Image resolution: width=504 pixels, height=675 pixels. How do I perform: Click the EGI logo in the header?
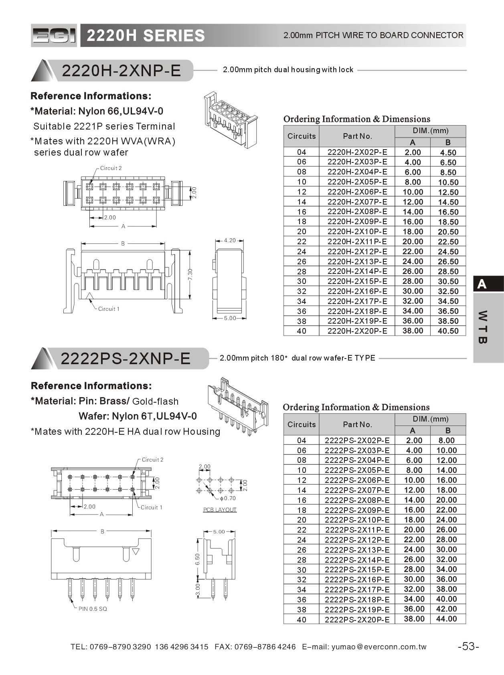pyautogui.click(x=54, y=36)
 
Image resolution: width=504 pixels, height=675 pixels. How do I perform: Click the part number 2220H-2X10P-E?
pyautogui.click(x=357, y=231)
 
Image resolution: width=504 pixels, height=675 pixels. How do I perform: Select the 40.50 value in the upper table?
pyautogui.click(x=448, y=331)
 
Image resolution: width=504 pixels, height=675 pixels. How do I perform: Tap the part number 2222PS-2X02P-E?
pyautogui.click(x=357, y=440)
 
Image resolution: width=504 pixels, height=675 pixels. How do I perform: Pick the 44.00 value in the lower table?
pyautogui.click(x=446, y=619)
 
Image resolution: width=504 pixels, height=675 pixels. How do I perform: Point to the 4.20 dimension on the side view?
pyautogui.click(x=230, y=241)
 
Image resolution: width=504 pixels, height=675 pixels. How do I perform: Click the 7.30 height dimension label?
pyautogui.click(x=190, y=274)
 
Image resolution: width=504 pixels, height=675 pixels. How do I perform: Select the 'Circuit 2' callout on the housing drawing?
pyautogui.click(x=111, y=168)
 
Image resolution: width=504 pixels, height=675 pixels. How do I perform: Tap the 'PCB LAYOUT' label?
pyautogui.click(x=220, y=510)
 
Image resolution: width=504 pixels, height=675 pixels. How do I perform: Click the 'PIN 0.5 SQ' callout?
pyautogui.click(x=93, y=609)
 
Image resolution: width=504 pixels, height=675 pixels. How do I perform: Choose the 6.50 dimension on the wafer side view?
pyautogui.click(x=197, y=559)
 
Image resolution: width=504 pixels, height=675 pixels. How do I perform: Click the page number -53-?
pyautogui.click(x=468, y=646)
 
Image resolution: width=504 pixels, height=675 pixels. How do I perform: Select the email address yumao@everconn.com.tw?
pyautogui.click(x=379, y=647)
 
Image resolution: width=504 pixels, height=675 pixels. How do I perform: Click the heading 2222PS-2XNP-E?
pyautogui.click(x=125, y=358)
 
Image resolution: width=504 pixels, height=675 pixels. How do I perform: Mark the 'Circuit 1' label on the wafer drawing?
pyautogui.click(x=152, y=507)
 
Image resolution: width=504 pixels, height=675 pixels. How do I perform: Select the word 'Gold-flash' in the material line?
pyautogui.click(x=155, y=401)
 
